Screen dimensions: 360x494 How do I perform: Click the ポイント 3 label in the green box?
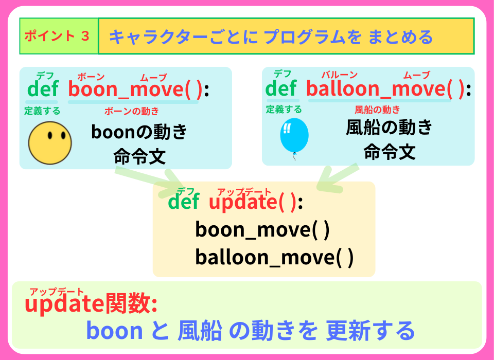58,37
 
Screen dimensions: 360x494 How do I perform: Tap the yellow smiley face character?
50,142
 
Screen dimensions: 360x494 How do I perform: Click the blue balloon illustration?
294,136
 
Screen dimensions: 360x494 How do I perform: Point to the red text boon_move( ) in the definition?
135,89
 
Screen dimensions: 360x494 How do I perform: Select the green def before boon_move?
43,89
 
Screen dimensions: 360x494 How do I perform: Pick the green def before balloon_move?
281,89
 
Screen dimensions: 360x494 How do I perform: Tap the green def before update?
184,203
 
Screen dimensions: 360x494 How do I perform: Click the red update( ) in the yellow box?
253,203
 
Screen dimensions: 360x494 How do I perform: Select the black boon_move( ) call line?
262,229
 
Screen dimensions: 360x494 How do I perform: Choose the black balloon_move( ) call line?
274,257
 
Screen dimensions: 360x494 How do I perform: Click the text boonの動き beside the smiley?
139,132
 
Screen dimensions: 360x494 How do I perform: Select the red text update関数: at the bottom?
91,304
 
